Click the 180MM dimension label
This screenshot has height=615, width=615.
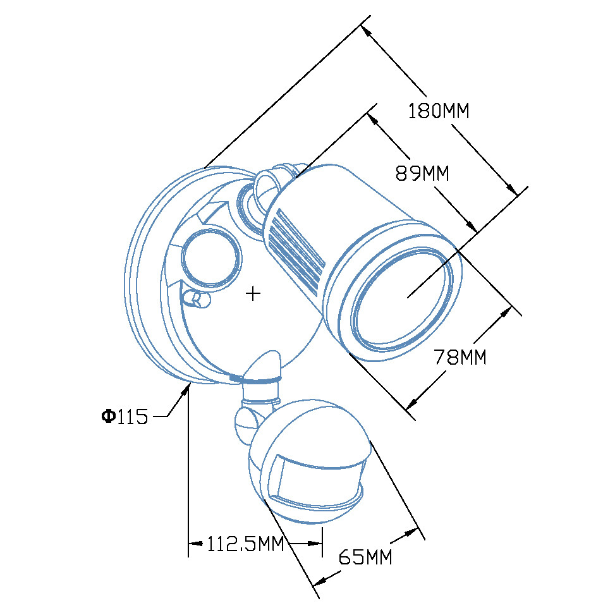click(x=439, y=111)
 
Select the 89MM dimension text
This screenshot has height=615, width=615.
click(x=422, y=173)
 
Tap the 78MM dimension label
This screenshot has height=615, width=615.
click(x=460, y=357)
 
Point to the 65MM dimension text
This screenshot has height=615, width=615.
click(x=365, y=556)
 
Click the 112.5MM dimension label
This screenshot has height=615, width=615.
click(x=245, y=544)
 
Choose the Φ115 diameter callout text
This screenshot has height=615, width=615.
click(x=125, y=416)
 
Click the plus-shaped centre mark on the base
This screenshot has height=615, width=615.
click(x=253, y=293)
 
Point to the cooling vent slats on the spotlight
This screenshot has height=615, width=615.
click(x=296, y=251)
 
